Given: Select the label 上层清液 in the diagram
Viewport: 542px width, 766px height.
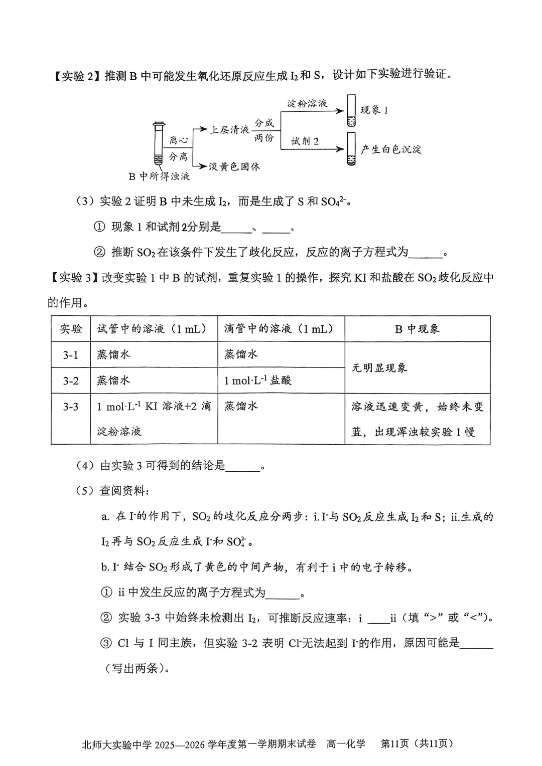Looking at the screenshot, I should tap(229, 130).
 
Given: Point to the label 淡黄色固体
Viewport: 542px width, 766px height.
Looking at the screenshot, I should tap(234, 166).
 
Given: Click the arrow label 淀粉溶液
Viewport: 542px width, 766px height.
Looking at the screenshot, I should tap(307, 104).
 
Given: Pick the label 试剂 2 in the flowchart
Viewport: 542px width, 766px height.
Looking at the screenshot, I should tap(305, 141).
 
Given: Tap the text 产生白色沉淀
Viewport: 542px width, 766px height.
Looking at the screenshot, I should tap(391, 149).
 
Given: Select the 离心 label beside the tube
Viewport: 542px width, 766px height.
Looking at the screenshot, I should tap(178, 140).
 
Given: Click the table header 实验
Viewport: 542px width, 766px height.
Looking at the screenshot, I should tap(71, 329).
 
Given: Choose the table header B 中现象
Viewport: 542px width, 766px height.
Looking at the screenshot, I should tap(417, 329).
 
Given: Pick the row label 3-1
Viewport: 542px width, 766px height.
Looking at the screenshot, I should tap(71, 355).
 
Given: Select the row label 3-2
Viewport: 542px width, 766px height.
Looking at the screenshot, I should tap(71, 381).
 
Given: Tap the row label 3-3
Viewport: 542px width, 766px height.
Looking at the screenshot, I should tap(71, 407).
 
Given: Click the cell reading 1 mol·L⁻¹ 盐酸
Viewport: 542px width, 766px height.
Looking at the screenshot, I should tap(257, 380).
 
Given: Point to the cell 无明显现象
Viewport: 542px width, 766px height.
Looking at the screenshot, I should tap(379, 368).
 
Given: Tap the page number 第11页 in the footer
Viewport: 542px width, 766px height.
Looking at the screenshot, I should tap(395, 743).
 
